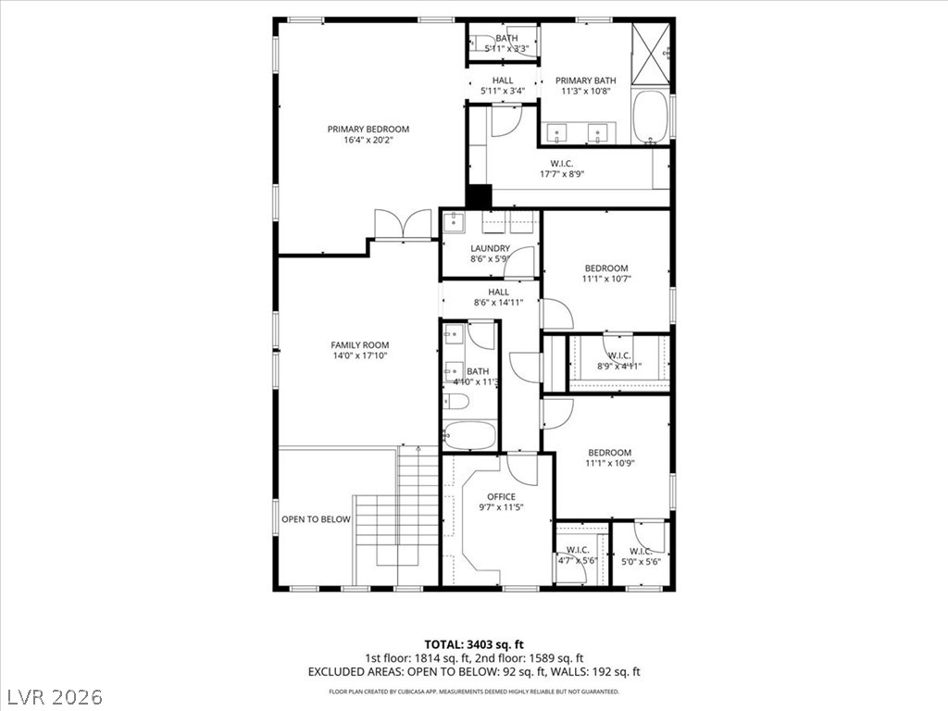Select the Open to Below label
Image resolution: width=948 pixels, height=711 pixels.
click(316, 519)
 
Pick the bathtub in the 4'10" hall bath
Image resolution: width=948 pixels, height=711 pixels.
click(469, 435)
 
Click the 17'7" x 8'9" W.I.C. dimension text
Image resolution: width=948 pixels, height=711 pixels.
click(562, 174)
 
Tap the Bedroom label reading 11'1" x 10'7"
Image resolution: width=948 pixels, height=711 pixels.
click(605, 273)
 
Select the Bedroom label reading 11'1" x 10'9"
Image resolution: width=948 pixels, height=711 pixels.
click(609, 457)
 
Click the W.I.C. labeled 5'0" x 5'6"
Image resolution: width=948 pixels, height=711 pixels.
click(641, 556)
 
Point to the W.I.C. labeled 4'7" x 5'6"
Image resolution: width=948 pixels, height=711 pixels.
click(579, 555)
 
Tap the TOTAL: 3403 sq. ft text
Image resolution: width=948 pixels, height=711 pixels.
click(474, 644)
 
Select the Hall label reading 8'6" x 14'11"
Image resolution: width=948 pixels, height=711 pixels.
click(499, 296)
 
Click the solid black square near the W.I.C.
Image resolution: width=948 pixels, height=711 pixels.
click(479, 197)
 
